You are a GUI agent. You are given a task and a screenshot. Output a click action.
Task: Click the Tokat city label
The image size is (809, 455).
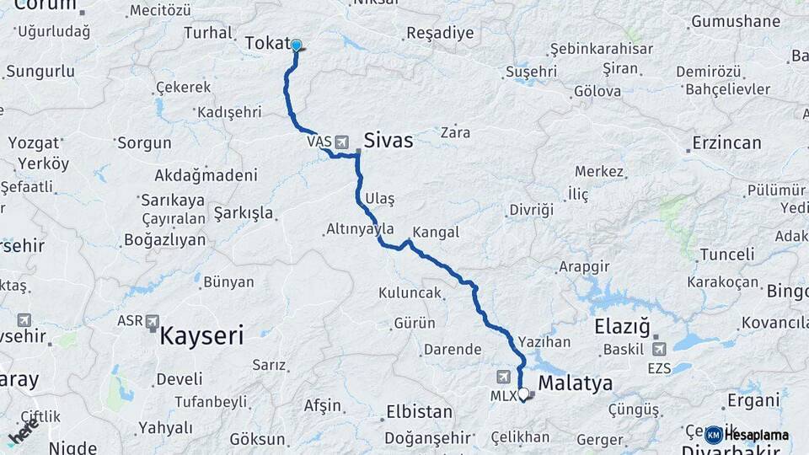click(x=267, y=44)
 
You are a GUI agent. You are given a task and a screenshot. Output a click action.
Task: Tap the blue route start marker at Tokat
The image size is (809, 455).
click(x=296, y=45)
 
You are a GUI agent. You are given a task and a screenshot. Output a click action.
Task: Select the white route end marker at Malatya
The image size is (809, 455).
click(x=523, y=393)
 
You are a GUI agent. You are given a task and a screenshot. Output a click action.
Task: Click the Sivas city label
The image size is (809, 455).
click(x=388, y=141)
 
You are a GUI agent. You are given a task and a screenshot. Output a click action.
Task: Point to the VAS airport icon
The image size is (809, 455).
click(x=341, y=142)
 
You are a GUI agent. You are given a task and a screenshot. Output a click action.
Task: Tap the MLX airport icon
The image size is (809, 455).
click(x=504, y=377)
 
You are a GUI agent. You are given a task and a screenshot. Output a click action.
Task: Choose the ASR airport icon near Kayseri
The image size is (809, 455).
click(x=153, y=321)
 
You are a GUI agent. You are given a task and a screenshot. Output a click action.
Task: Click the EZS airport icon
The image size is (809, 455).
click(x=658, y=348)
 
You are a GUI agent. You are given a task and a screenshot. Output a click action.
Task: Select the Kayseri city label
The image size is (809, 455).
click(x=201, y=337)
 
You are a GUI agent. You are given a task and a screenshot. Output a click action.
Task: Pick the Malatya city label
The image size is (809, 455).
click(x=575, y=384)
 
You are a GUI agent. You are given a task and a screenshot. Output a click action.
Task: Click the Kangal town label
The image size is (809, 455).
click(x=436, y=233)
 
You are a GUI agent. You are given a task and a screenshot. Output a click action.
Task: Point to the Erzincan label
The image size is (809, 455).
click(x=726, y=142)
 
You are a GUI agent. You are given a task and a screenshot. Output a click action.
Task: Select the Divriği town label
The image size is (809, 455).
click(x=532, y=210)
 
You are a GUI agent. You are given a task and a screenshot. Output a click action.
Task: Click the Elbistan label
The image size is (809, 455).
click(x=419, y=412)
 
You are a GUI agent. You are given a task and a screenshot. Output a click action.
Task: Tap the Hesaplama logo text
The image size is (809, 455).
click(x=756, y=436)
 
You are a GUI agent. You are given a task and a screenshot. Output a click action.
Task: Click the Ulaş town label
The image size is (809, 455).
click(x=380, y=198)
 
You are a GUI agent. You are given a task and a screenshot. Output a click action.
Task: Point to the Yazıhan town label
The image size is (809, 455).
click(x=544, y=342)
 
